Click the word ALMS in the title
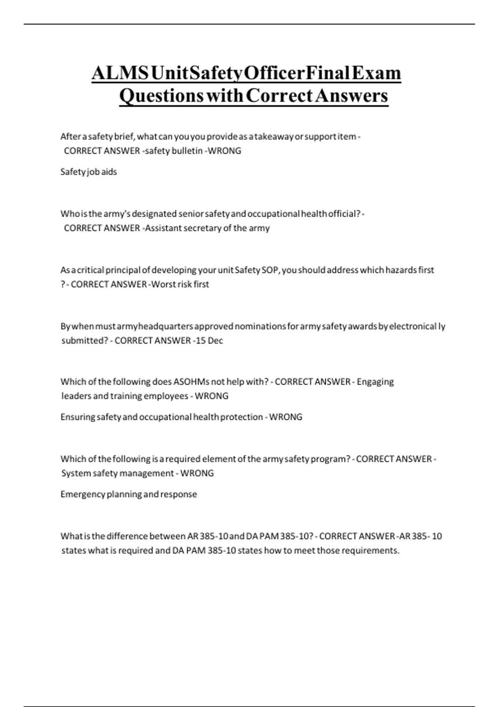click(x=120, y=73)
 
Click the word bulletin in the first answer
click(x=187, y=151)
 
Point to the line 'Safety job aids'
click(x=89, y=172)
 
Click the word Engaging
click(x=375, y=382)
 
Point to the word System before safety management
click(x=76, y=473)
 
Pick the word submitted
click(x=85, y=341)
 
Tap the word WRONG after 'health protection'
click(x=286, y=417)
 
